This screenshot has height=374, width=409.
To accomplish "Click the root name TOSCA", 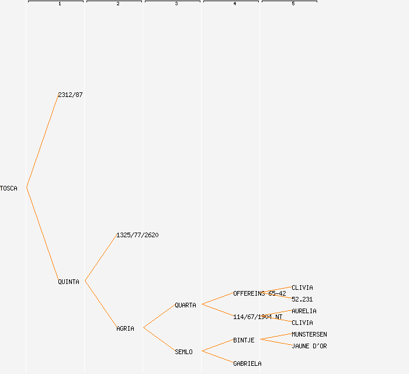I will (9, 188).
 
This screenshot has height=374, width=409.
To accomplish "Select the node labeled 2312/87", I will (70, 95).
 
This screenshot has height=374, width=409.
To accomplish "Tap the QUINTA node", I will (68, 282).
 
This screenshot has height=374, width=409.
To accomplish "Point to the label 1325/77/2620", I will (137, 235).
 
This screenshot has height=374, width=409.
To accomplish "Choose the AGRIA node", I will (125, 328).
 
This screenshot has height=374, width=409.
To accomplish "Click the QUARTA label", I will (185, 305).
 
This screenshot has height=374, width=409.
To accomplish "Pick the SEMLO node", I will (183, 352).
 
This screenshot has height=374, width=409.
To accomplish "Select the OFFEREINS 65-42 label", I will (259, 293).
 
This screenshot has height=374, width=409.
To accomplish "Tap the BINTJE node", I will (244, 340).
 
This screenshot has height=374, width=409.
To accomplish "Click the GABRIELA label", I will (247, 363).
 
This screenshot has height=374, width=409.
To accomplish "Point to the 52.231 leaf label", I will (302, 299).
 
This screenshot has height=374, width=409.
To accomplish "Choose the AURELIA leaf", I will (304, 311).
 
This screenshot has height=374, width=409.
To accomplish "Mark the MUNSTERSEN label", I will (309, 334).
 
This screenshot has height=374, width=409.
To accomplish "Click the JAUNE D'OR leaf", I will (309, 346).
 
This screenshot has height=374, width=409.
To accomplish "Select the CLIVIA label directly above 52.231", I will (302, 288).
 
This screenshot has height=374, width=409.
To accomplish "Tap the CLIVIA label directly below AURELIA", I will (302, 323).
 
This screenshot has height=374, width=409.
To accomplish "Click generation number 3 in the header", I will (176, 4).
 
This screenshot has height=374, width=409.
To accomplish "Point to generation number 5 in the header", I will (293, 4).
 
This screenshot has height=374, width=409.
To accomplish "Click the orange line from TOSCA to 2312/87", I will (42, 141).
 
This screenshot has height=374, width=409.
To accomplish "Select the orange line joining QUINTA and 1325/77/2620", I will (100, 258).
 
